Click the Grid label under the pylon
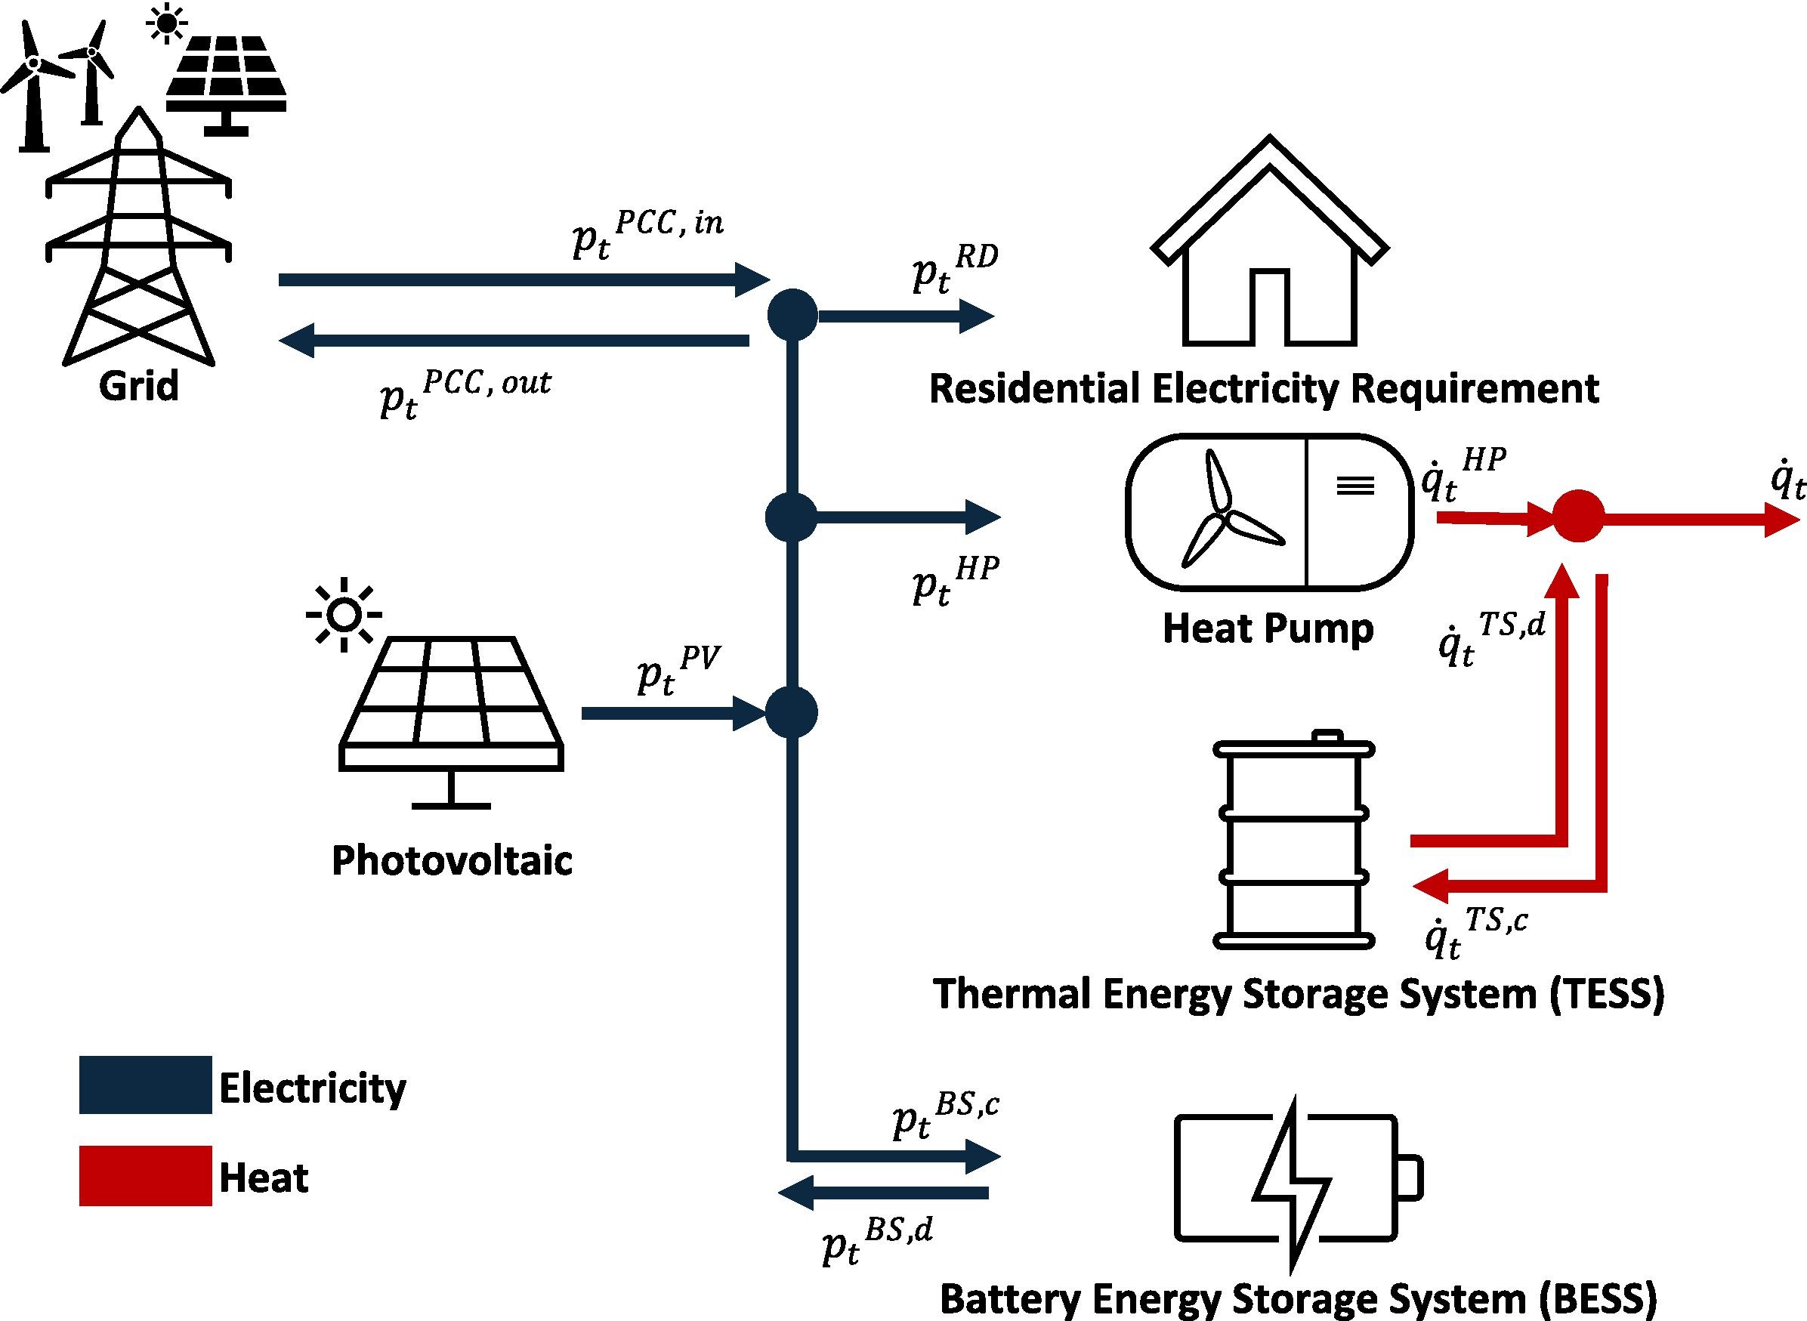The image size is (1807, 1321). point(138,386)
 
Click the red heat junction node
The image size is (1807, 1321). point(1577,516)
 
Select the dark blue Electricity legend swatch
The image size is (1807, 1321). point(145,1085)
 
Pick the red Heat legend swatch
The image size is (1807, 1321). point(145,1175)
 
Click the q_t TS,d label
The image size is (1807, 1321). point(1492,644)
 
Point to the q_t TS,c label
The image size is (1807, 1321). point(1476,932)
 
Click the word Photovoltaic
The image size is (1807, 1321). point(452,861)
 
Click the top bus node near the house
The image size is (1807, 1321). point(792,315)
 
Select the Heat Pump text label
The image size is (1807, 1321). point(1268,628)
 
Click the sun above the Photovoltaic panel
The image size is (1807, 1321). point(344,614)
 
